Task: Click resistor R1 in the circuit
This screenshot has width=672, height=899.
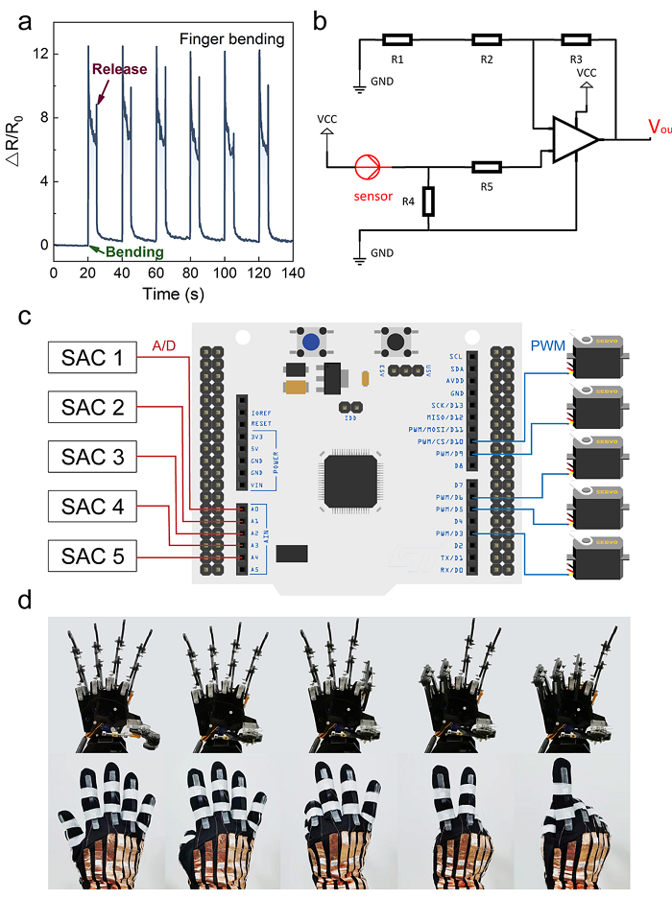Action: pos(396,40)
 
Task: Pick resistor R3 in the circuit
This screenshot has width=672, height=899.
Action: pos(576,40)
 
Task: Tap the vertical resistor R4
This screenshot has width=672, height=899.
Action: pos(428,201)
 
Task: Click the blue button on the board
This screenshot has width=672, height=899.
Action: pos(309,341)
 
